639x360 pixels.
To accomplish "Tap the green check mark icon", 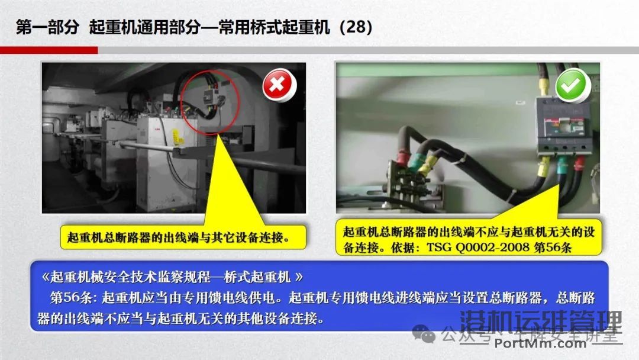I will coord(572,86).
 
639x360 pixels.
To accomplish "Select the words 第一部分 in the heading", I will coord(47,28).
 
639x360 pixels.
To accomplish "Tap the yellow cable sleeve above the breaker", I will coord(540,82).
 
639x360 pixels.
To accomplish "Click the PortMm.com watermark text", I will coord(540,344).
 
